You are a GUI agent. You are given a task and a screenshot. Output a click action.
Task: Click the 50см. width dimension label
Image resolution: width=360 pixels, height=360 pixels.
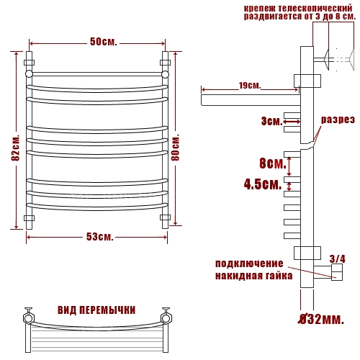104,42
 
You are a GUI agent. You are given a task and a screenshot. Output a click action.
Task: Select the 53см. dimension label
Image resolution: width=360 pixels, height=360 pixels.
99,237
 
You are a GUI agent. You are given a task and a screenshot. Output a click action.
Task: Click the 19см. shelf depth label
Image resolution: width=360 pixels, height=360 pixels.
250,85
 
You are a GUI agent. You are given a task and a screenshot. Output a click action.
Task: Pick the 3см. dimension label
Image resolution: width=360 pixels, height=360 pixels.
272,121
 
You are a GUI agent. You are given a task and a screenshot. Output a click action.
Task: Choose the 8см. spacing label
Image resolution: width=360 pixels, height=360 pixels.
273,163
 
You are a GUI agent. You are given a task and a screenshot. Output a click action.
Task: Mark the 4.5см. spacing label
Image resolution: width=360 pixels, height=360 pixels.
263,184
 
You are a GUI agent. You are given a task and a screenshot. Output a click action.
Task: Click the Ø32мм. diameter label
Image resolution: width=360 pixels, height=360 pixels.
321,319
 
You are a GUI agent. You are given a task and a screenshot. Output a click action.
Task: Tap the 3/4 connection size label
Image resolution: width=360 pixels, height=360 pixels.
338,259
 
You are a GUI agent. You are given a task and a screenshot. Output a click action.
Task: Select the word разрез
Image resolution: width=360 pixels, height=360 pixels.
338,120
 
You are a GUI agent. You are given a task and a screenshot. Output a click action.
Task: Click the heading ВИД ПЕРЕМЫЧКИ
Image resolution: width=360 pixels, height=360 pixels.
96,310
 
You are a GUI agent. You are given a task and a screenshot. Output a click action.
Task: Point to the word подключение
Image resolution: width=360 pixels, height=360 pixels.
249,264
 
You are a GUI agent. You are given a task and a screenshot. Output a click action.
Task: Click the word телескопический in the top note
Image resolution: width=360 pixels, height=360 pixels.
315,9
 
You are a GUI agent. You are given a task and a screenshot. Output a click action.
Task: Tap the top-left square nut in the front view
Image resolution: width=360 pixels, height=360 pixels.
29,63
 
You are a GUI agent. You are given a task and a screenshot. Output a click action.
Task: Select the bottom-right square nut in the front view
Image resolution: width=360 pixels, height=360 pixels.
165,217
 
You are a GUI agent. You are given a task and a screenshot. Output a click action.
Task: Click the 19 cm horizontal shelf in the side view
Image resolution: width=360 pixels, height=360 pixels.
251,100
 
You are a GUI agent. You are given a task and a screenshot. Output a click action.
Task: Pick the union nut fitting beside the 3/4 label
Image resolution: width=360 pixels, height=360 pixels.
337,272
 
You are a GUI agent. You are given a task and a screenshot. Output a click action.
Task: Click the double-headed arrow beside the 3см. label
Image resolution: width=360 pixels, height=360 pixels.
292,122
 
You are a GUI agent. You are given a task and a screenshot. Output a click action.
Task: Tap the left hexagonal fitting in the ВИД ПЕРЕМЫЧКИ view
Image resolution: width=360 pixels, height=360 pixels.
29,318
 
